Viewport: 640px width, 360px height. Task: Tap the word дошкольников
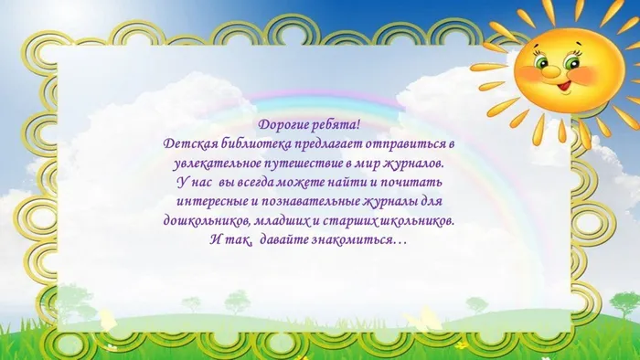click(x=209, y=221)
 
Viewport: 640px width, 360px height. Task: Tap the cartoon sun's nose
click(x=559, y=72)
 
